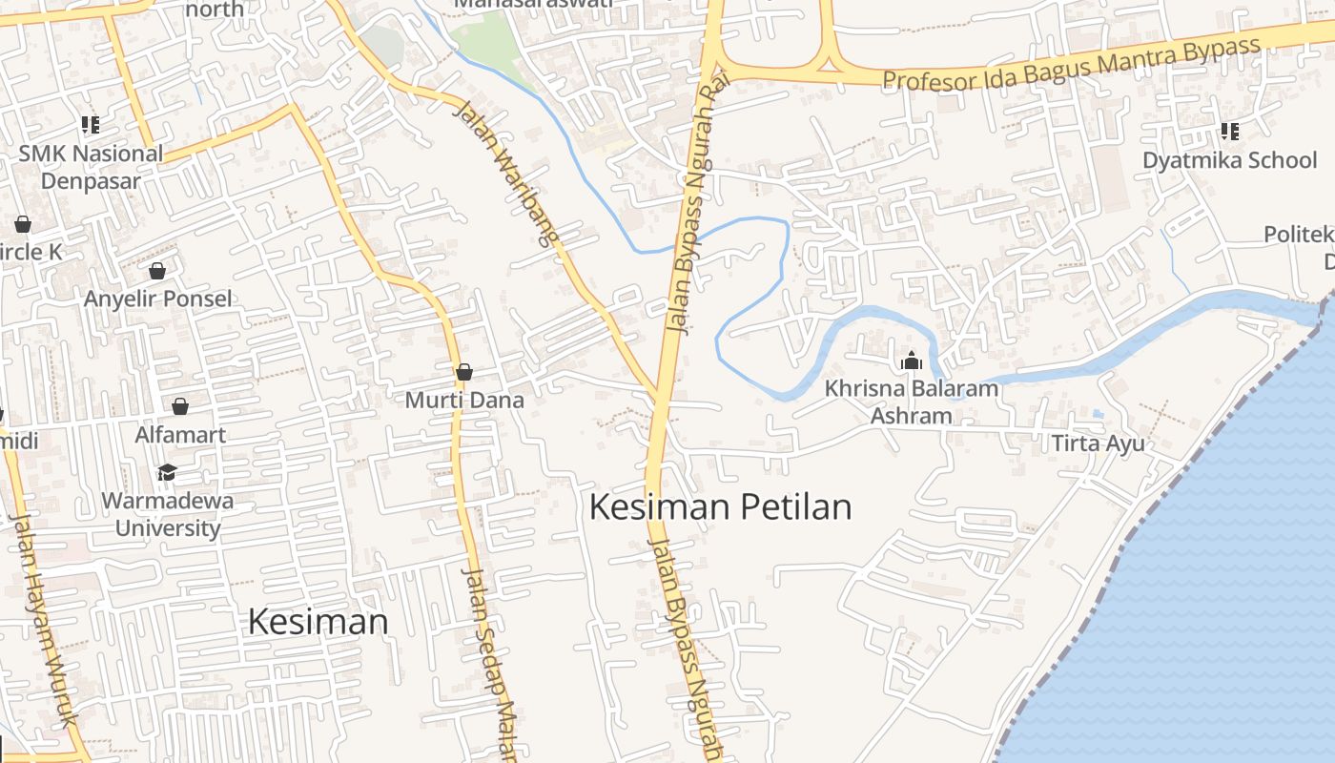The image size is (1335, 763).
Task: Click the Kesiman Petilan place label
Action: point(720,506)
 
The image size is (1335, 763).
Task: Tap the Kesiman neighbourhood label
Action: point(318,622)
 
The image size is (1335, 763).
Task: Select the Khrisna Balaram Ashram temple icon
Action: point(912,361)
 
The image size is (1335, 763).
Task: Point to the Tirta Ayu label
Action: point(1098,443)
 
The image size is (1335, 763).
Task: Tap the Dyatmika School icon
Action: point(1230,132)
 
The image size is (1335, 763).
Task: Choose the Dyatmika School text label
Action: point(1229,159)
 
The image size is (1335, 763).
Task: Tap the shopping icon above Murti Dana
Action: point(464,372)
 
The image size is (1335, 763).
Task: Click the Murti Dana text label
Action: point(464,400)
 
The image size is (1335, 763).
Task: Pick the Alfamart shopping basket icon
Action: point(180,407)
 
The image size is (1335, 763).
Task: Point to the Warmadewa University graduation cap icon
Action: point(167,473)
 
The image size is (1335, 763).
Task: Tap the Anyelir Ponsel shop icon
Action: point(157,272)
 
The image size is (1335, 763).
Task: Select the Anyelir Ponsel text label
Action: point(157,299)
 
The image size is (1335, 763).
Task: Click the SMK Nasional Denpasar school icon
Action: point(91,125)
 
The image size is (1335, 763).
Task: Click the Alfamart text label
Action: point(180,435)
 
